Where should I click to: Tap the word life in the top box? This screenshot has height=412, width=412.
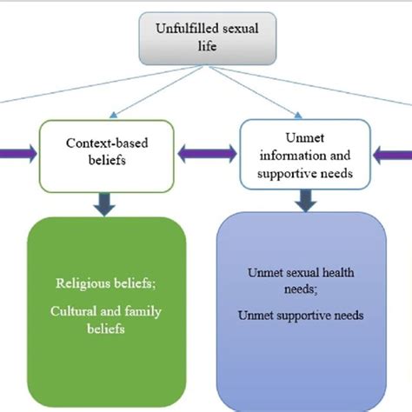coord(207,46)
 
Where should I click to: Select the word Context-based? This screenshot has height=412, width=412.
coord(107,143)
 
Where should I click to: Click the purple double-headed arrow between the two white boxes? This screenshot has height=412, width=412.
coord(207,154)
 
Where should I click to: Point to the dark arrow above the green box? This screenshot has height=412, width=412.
coord(104,204)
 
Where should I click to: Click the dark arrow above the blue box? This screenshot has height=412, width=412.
coord(306,201)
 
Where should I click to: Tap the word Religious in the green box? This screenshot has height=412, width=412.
coord(82,283)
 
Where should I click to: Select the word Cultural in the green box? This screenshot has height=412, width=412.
coord(73,311)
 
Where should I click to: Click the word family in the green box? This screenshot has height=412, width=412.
coord(143,312)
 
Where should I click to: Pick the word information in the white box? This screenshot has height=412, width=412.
coord(289,156)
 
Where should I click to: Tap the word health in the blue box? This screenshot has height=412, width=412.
coord(338,273)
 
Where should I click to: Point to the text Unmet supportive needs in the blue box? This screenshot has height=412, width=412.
coord(301,316)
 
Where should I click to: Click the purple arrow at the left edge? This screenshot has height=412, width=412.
coord(18,154)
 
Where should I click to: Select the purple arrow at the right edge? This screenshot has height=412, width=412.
coord(392,155)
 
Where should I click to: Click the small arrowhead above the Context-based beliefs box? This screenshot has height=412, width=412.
coord(113,115)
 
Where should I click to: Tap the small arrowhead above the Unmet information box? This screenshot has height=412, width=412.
coord(298,116)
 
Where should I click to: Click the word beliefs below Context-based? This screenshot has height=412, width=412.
coord(107,160)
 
